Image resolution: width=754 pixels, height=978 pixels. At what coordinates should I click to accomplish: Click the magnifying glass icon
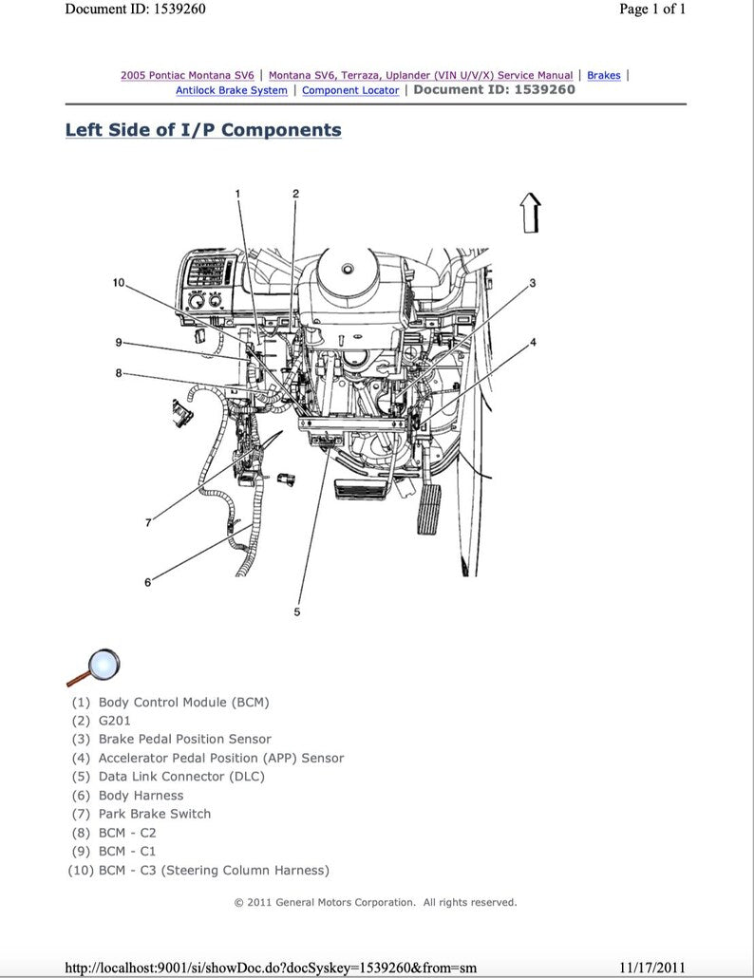coord(95,666)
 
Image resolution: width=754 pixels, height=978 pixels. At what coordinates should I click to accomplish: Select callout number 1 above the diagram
coord(238,194)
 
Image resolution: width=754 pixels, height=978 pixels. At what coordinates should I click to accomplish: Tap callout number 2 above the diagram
coord(295,194)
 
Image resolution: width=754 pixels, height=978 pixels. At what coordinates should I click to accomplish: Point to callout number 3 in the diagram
coord(533,283)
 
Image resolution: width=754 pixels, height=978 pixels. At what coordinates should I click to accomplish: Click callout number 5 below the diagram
coord(296,612)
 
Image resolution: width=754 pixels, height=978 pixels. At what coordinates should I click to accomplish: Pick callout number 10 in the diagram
coord(119,282)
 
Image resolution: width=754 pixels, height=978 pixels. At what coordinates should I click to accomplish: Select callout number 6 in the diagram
coord(147,582)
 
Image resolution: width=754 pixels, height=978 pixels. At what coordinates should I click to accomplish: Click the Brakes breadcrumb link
coord(603,75)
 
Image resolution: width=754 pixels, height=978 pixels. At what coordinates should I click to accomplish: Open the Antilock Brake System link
coord(232,90)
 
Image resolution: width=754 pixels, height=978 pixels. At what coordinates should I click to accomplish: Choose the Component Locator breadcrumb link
coord(350,90)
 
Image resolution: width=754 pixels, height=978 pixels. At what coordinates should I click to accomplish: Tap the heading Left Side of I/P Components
coord(203,130)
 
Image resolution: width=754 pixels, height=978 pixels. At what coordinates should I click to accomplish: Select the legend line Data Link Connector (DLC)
coord(181,776)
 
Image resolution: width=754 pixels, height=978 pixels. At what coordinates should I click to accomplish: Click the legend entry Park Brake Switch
coord(155,814)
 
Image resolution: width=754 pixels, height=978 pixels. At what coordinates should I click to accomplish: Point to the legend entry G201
coord(115,721)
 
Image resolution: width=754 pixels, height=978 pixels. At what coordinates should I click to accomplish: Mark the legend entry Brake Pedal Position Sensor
coord(184,739)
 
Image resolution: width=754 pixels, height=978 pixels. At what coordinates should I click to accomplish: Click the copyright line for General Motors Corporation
coord(376,902)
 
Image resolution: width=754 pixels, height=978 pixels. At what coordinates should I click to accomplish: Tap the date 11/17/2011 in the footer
coord(651,967)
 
